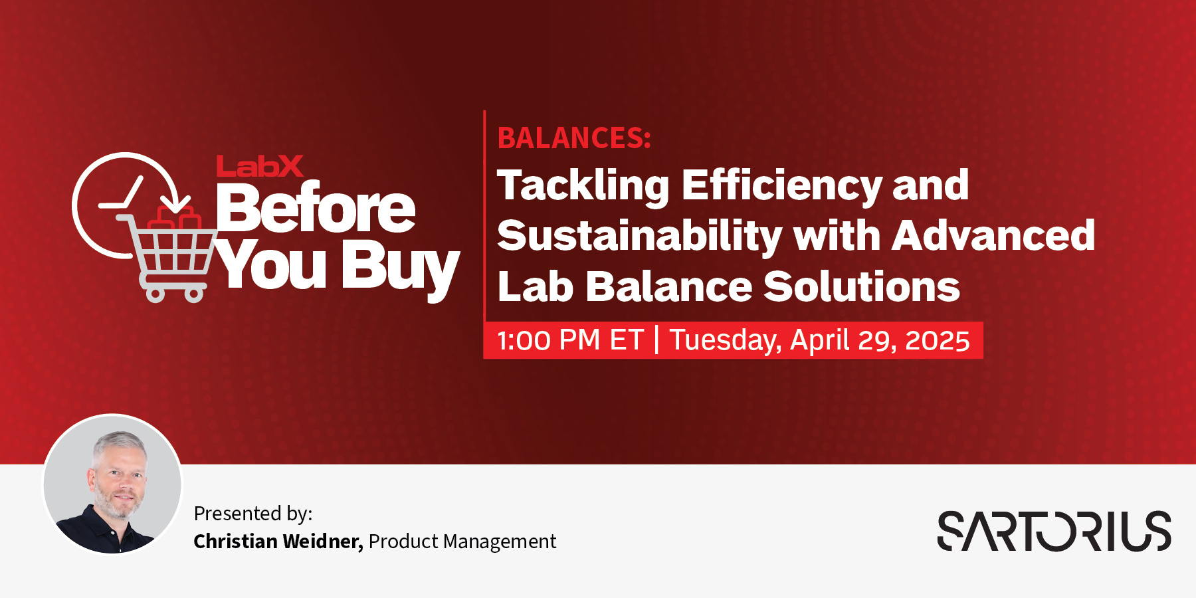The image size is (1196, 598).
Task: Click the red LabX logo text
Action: click(x=260, y=166)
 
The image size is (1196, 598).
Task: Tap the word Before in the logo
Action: click(x=316, y=209)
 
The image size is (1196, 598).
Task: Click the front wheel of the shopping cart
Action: click(x=194, y=294)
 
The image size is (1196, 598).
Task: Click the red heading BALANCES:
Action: click(x=574, y=138)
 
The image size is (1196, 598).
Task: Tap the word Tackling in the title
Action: click(x=583, y=185)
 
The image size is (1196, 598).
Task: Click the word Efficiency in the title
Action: click(x=781, y=185)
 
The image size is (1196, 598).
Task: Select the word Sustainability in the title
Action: click(x=639, y=237)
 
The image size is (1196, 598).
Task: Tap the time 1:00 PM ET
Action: click(x=570, y=340)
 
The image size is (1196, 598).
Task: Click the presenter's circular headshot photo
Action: click(x=112, y=484)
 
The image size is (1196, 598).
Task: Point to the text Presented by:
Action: click(x=252, y=514)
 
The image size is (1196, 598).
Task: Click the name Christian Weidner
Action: click(x=278, y=542)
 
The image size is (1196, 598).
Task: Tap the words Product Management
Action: click(x=462, y=542)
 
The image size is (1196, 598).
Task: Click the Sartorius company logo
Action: click(x=1054, y=531)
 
